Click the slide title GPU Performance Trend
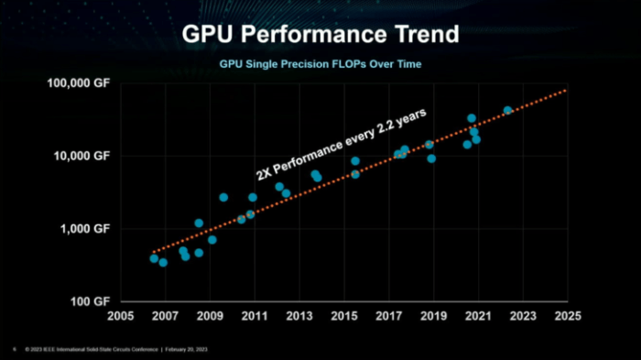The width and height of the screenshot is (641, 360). (x=320, y=36)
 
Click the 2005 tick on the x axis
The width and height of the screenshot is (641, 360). (x=120, y=316)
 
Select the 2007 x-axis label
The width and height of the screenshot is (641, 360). (x=165, y=316)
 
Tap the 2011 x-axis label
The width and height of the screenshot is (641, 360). (x=255, y=316)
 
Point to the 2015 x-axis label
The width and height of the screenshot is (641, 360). (x=343, y=316)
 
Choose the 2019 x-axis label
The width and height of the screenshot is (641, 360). (x=433, y=316)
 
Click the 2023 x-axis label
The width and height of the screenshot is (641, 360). (x=523, y=316)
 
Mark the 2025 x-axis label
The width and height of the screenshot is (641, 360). (x=568, y=316)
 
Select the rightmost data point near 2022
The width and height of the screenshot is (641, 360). (x=507, y=111)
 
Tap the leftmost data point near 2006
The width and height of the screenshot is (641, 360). (x=154, y=258)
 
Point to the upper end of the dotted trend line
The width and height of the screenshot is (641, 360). (x=565, y=91)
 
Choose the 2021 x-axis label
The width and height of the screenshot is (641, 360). (x=478, y=316)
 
